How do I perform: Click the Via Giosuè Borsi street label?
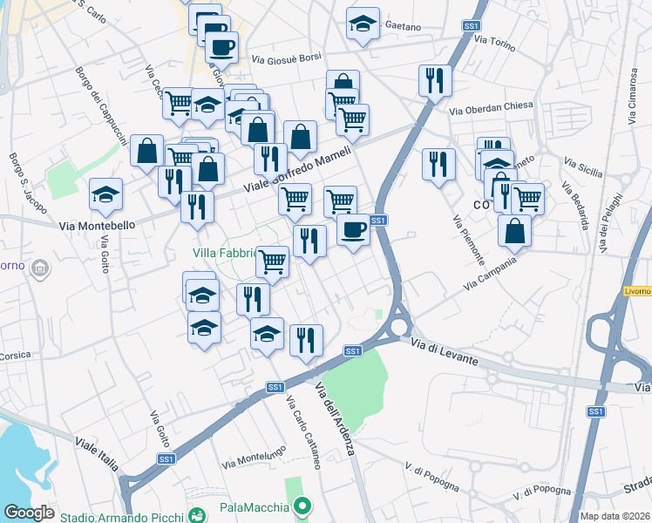[x=287, y=58]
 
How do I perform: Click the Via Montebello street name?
[x=97, y=225]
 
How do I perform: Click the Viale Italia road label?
[x=96, y=455]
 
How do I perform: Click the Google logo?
[x=29, y=513]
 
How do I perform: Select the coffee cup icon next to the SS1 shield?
[x=353, y=229]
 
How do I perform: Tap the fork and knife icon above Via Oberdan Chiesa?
[x=434, y=80]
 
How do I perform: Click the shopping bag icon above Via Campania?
[x=515, y=230]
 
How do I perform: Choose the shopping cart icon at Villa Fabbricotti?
[x=273, y=260]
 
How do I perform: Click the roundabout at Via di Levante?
[x=399, y=327]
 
